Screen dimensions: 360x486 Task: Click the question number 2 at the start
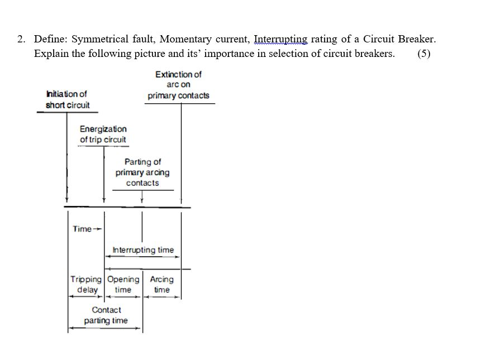click(x=21, y=40)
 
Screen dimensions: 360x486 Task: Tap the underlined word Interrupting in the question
click(x=280, y=40)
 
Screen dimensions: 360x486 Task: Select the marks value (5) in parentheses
click(x=423, y=54)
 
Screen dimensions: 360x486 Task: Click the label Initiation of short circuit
click(x=67, y=99)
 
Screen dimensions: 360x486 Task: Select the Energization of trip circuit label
click(x=103, y=135)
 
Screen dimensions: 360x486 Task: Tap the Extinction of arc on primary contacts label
click(x=178, y=85)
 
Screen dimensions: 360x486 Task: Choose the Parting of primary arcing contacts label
click(x=142, y=172)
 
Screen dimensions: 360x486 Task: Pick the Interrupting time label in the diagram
click(x=143, y=250)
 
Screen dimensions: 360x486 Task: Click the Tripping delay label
click(x=86, y=284)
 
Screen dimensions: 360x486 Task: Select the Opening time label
click(x=123, y=284)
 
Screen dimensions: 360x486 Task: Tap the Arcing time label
click(x=161, y=284)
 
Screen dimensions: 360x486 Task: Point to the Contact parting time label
click(x=106, y=315)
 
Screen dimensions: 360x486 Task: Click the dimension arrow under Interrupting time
click(x=142, y=257)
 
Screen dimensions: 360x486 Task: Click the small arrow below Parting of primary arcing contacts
click(x=142, y=198)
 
